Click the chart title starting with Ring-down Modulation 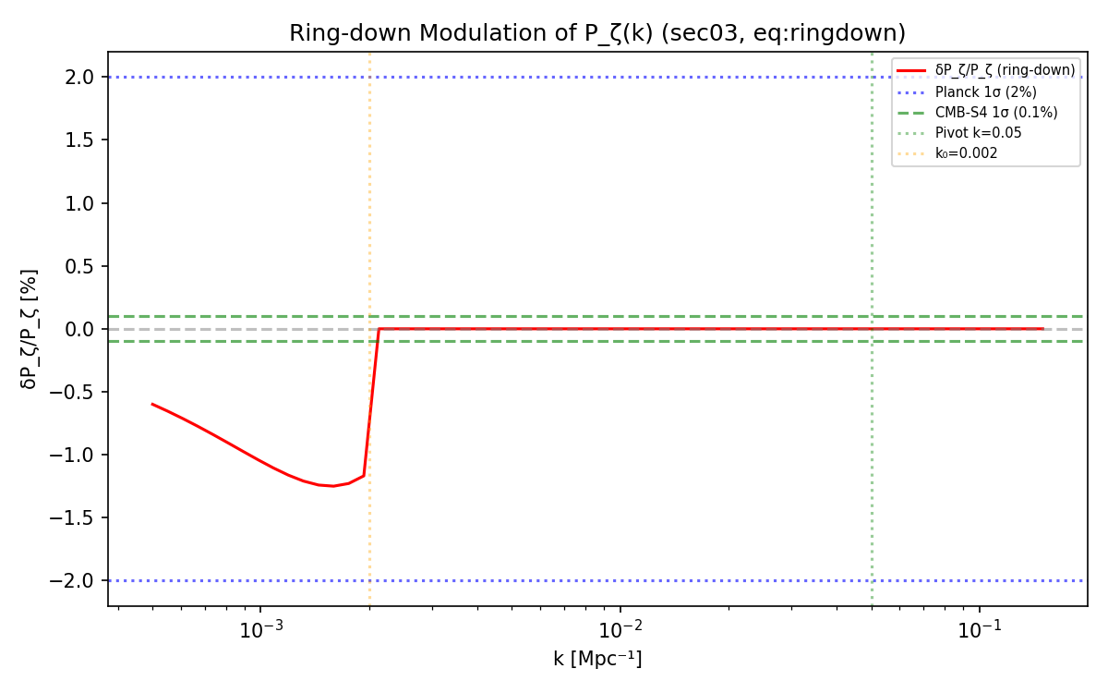[597, 33]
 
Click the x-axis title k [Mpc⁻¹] [597, 659]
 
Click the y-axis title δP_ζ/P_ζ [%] [30, 328]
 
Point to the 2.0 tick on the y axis [82, 77]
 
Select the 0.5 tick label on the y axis [82, 266]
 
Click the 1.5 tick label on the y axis [82, 140]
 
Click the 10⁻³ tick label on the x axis [261, 631]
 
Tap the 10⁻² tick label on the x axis [620, 631]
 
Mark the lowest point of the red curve [332, 486]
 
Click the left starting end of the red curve [152, 404]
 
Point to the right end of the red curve [1042, 328]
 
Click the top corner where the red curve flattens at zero [379, 328]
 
